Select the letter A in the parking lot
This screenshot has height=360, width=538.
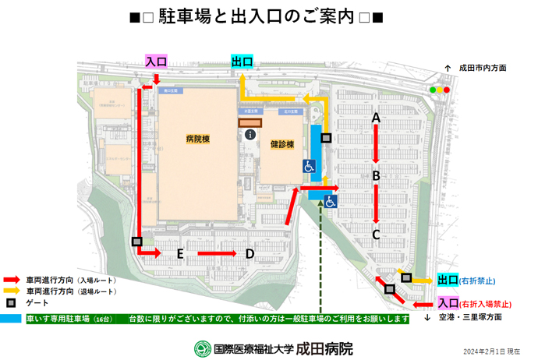tap(375, 118)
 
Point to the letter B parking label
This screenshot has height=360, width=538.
tap(376, 176)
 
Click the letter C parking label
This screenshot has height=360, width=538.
tap(376, 233)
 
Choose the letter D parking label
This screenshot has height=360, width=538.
tap(250, 253)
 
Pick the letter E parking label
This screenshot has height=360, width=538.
tap(180, 254)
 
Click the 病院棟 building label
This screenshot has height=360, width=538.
tap(198, 139)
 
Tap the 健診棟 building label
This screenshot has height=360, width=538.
tap(281, 145)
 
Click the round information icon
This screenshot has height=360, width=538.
tap(250, 135)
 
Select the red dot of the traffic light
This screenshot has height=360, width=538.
tap(448, 90)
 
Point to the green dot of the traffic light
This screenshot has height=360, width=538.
tap(433, 90)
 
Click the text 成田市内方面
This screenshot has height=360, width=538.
tap(483, 69)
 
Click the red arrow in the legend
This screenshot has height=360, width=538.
tap(12, 279)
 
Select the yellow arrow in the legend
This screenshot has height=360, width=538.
tap(12, 291)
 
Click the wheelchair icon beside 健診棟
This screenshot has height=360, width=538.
tap(309, 166)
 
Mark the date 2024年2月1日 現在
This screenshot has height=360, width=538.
tap(492, 351)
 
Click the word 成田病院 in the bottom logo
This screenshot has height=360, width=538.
tap(325, 348)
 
